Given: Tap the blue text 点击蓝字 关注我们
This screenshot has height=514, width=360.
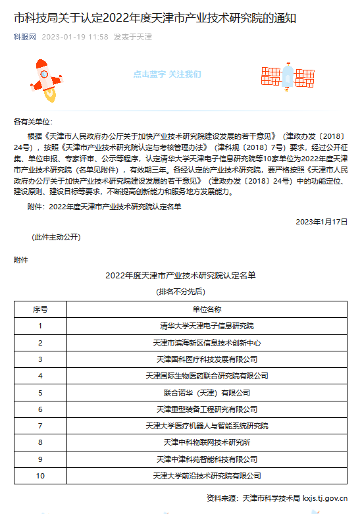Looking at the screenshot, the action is click(167, 74).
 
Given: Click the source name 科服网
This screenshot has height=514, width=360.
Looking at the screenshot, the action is click(24, 37).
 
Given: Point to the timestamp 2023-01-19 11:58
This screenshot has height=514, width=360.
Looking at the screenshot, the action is click(75, 37).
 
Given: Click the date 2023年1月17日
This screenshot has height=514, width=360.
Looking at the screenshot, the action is click(321, 222).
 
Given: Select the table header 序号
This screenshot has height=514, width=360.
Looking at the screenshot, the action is click(40, 309).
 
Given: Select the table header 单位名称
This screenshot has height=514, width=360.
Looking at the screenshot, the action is click(207, 309).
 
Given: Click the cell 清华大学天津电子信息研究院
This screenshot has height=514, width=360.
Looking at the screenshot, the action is click(207, 325).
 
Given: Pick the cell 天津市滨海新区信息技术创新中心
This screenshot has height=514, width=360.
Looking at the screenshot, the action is click(207, 342).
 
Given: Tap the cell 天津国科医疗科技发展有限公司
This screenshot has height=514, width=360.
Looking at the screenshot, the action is click(207, 359).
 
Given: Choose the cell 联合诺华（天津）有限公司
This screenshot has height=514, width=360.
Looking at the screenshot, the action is click(207, 392).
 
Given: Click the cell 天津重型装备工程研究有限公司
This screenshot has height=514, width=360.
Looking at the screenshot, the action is click(207, 409).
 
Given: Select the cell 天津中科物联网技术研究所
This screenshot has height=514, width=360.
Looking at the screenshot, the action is click(207, 442).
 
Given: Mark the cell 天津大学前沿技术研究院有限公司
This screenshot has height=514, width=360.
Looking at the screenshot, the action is click(207, 475).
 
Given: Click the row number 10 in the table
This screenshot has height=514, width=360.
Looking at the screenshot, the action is click(40, 475).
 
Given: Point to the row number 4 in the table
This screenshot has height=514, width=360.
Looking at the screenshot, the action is click(40, 376).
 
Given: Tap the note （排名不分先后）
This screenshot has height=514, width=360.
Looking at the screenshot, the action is click(180, 291).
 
